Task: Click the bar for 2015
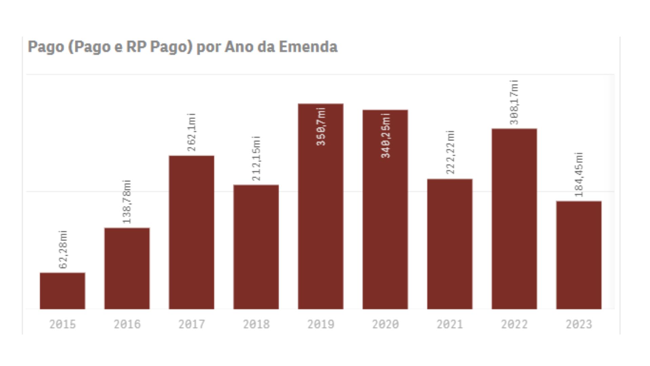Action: pos(63,291)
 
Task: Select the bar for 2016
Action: pos(127,268)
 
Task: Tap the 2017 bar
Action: pos(192,232)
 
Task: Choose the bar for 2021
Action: pos(450,244)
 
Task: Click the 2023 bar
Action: pos(579,255)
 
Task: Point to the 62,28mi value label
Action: pos(63,250)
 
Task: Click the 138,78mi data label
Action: pos(127,202)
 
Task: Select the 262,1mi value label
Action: pos(192,132)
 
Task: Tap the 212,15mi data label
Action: pos(256,159)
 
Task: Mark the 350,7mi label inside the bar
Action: pos(321,127)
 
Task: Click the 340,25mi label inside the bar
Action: pos(386,136)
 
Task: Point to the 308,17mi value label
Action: pos(514,102)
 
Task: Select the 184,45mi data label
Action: pos(579,175)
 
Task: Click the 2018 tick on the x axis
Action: pos(256,324)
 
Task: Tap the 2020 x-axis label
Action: pos(385,324)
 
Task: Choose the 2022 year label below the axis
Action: pos(514,324)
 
